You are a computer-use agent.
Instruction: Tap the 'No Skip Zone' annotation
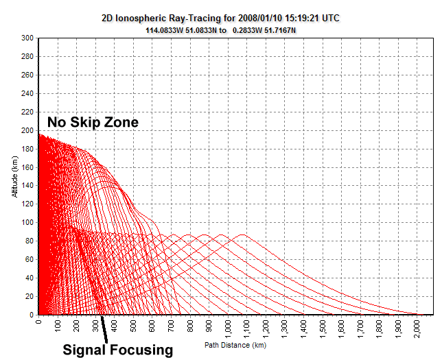93,122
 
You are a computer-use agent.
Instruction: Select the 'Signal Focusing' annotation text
118,350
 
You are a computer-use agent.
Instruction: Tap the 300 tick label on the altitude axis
27,38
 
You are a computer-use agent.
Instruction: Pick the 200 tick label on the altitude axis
27,130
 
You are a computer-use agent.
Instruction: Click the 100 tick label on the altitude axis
27,223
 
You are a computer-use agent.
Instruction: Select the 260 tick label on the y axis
27,75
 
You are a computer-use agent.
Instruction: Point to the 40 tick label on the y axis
30,278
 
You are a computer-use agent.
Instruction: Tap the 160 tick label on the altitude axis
27,167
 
